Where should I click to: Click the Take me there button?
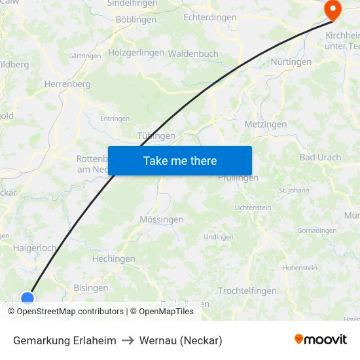[180, 160]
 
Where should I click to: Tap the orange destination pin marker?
[333, 9]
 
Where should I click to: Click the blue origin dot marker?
[27, 298]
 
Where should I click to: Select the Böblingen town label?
[136, 20]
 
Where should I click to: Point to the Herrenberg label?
[67, 84]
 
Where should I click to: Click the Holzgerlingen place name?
[136, 52]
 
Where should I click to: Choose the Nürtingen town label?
[291, 62]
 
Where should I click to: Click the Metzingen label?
[265, 124]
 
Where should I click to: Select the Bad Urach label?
[320, 158]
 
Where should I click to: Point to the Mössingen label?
[162, 220]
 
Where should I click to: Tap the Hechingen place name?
[113, 259]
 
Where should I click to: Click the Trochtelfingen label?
[247, 291]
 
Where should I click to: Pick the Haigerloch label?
[35, 248]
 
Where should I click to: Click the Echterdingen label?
[209, 18]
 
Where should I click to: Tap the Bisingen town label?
[91, 288]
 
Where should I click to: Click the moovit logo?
[321, 340]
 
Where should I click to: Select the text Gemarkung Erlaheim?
[65, 340]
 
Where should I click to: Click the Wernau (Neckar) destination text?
[181, 340]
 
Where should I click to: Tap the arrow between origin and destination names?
[128, 340]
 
